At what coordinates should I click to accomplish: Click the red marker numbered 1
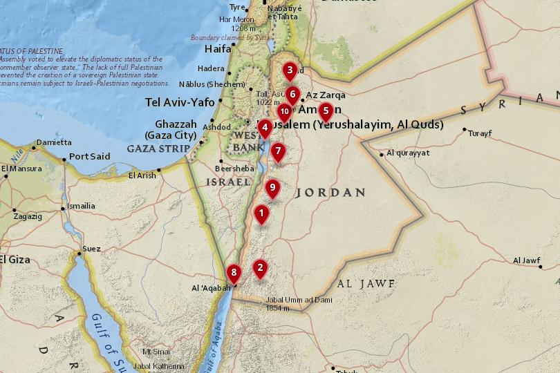[261, 213]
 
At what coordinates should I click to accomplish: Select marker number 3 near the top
[290, 70]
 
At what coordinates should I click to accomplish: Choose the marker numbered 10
[284, 111]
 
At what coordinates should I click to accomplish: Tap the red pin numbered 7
[278, 151]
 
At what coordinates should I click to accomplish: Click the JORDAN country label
[330, 193]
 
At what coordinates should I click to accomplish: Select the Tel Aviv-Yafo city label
[180, 102]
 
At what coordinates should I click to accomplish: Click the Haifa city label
[218, 49]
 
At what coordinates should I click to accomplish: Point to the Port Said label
[89, 157]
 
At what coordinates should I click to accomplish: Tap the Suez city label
[91, 249]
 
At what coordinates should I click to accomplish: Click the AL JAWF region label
[366, 284]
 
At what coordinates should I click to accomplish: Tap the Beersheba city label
[234, 168]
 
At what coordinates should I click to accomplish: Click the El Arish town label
[142, 175]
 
